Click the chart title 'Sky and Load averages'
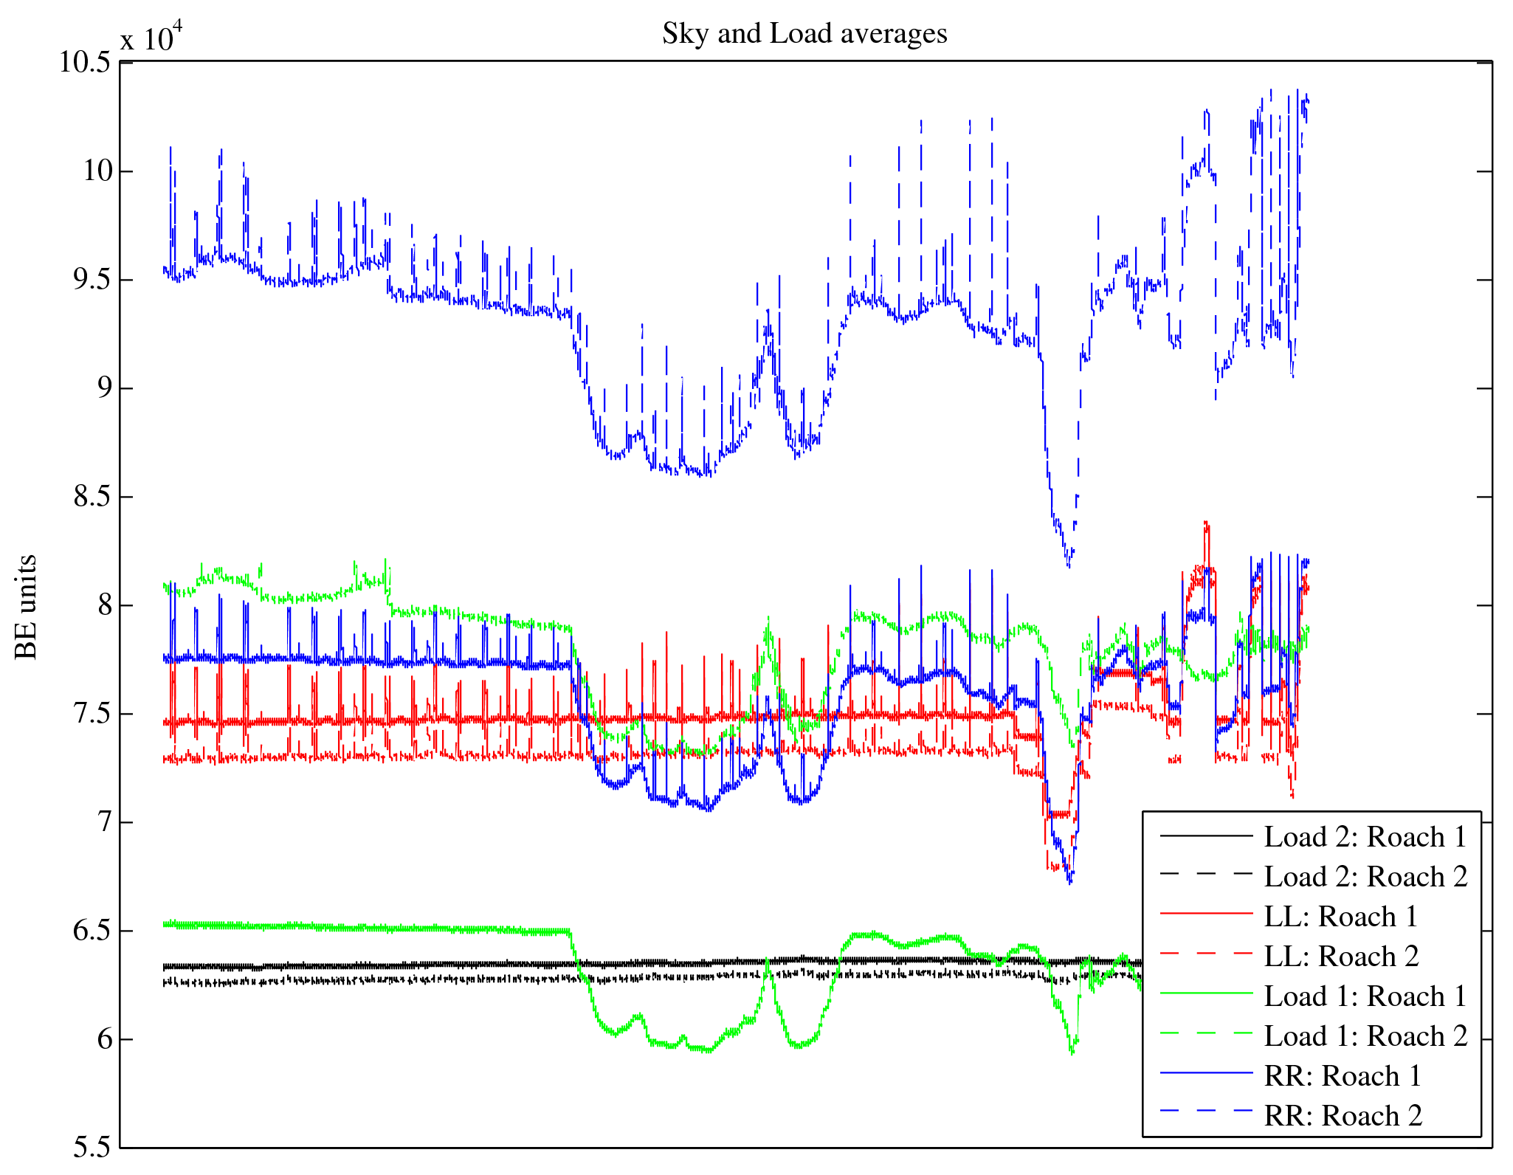coord(804,34)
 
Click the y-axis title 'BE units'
coord(26,607)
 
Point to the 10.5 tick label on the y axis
coord(85,63)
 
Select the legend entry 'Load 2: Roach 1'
coord(1365,837)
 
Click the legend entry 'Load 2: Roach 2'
coord(1365,877)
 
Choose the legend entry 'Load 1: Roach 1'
coord(1365,996)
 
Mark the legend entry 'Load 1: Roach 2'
coord(1365,1036)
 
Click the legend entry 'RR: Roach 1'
coord(1343,1076)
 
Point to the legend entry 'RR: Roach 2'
coord(1343,1116)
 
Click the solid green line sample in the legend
coord(1206,994)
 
